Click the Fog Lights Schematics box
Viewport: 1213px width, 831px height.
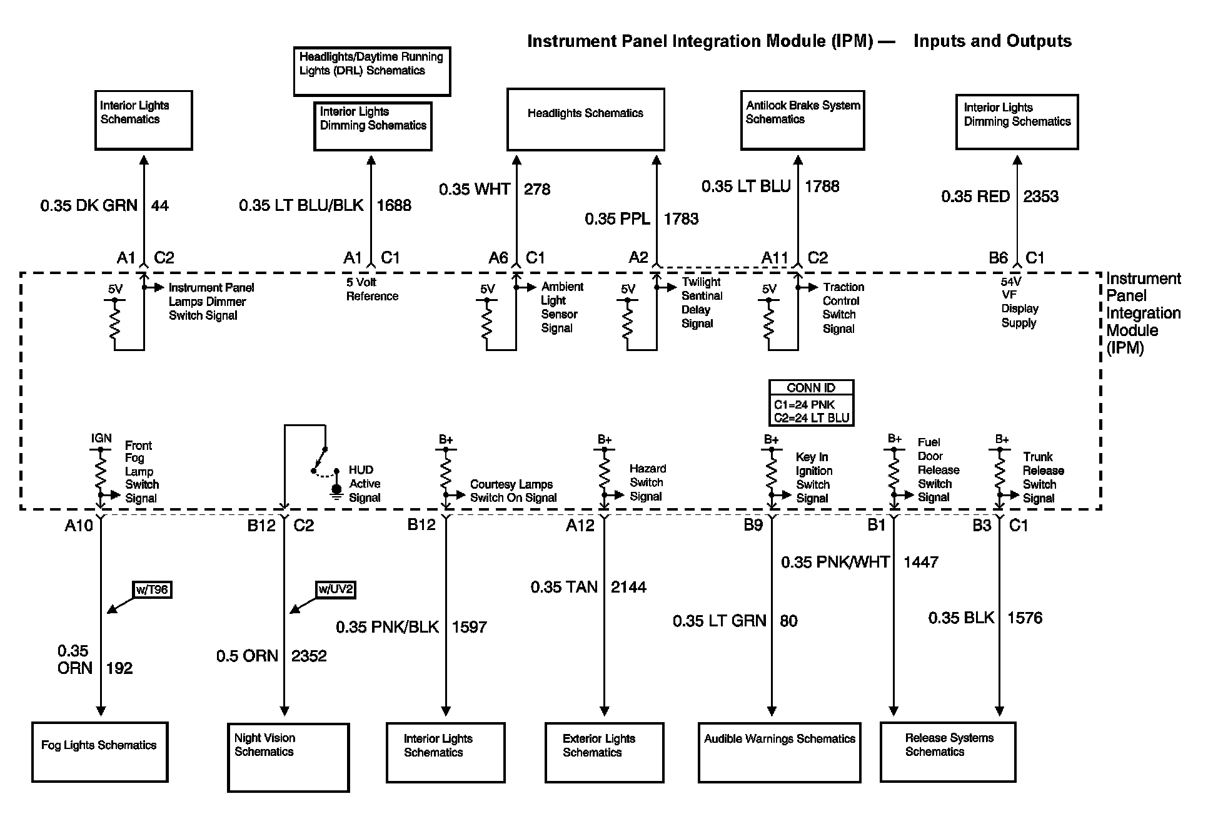(x=100, y=752)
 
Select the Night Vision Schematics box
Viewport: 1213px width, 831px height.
(x=288, y=757)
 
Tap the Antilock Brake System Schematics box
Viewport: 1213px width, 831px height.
(x=802, y=120)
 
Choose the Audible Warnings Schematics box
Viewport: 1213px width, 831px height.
(x=779, y=752)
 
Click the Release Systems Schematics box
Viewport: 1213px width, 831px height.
(x=947, y=752)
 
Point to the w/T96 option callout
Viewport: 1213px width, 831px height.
(x=152, y=589)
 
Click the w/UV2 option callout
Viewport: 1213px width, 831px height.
(x=336, y=589)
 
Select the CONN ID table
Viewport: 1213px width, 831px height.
(x=811, y=403)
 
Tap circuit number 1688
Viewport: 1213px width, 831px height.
(x=394, y=205)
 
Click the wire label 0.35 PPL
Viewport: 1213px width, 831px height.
(x=617, y=219)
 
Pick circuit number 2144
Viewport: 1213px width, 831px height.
(x=628, y=587)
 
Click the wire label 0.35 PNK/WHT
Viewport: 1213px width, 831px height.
(x=835, y=562)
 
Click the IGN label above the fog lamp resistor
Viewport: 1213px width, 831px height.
(x=101, y=438)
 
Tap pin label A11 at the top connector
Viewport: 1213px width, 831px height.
(x=775, y=258)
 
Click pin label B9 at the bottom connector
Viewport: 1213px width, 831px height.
(x=753, y=525)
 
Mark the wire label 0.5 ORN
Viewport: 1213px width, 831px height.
(x=247, y=656)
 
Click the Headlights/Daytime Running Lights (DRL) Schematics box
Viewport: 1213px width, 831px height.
(x=371, y=70)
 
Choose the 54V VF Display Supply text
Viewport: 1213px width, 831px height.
(x=1019, y=303)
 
